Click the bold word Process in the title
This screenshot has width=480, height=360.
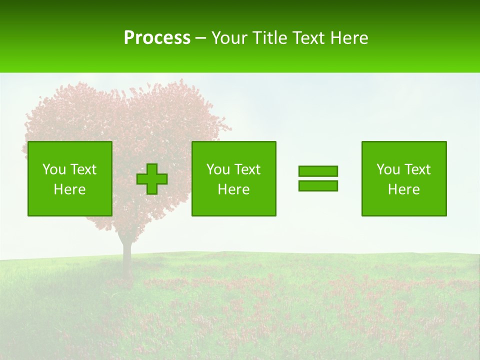pos(157,38)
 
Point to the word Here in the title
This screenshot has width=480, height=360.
pos(348,38)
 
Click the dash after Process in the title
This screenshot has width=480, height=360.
pos(200,38)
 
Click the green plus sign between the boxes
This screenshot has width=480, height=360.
pos(152,179)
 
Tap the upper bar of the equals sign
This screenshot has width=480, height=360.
pos(318,171)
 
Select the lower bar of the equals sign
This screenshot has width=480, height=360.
pos(318,185)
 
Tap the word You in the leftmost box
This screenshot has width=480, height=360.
pos(54,169)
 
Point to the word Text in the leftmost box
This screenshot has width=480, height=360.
pos(83,169)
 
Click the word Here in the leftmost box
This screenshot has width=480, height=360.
pos(69,189)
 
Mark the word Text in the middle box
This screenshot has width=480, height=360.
pos(247,169)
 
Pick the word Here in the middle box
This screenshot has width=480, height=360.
pos(233,189)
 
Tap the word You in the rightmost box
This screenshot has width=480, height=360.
pos(388,169)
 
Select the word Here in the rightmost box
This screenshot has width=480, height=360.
pos(403,189)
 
